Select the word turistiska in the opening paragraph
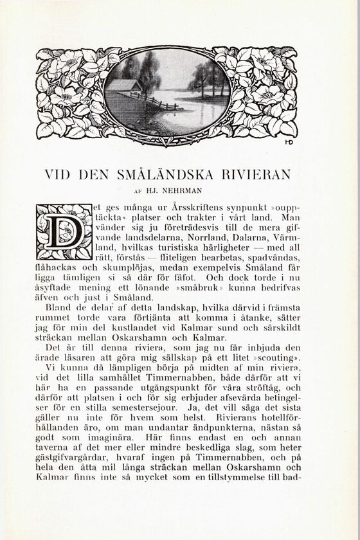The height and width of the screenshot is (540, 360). [174, 248]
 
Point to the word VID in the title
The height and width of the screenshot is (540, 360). [57, 174]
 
